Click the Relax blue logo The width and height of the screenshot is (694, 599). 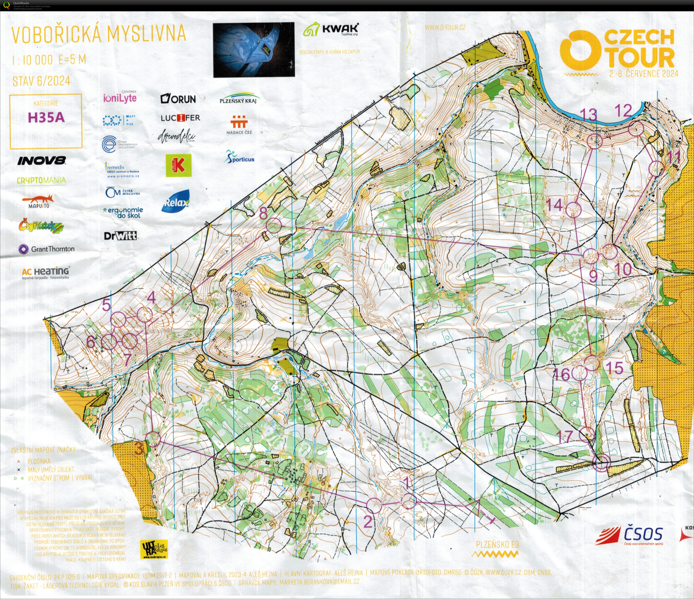tap(176, 202)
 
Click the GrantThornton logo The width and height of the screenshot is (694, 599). tap(46, 249)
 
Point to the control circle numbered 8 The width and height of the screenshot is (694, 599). tap(274, 225)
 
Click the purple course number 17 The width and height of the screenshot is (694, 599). tap(565, 436)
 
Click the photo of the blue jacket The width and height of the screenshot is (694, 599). tap(254, 50)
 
